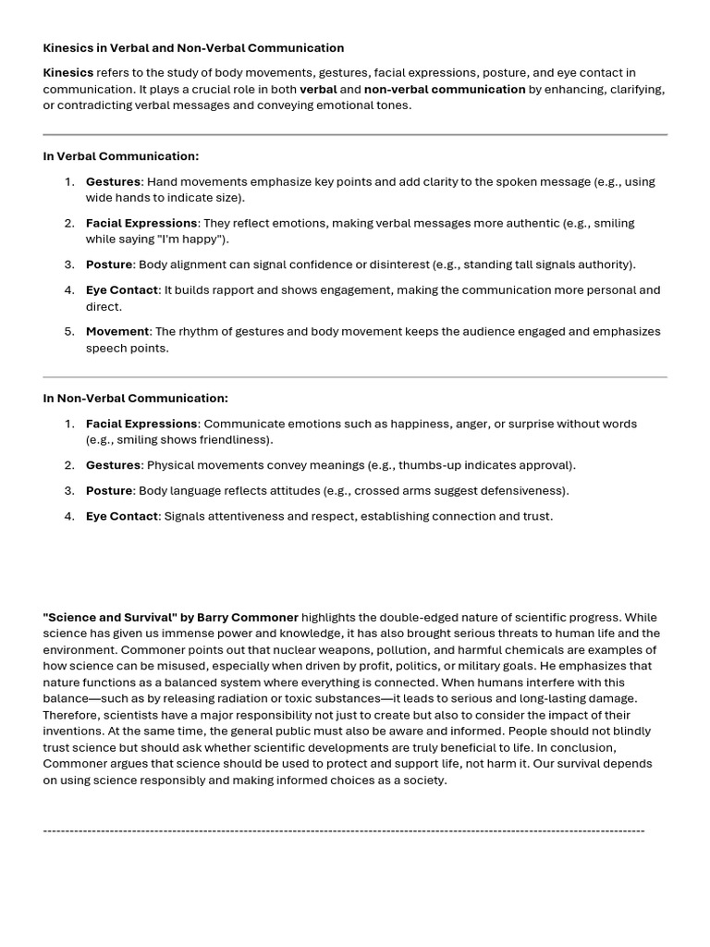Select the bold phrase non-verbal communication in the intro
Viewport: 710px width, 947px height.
tap(445, 89)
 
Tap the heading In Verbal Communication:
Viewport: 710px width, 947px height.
tap(121, 156)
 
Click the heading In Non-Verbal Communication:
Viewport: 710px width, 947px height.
tap(135, 399)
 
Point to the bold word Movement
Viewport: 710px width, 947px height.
tap(117, 332)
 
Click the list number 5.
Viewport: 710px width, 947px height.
tap(69, 332)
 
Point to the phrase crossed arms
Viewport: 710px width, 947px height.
tap(391, 491)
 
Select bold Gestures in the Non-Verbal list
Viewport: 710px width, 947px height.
tap(113, 465)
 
